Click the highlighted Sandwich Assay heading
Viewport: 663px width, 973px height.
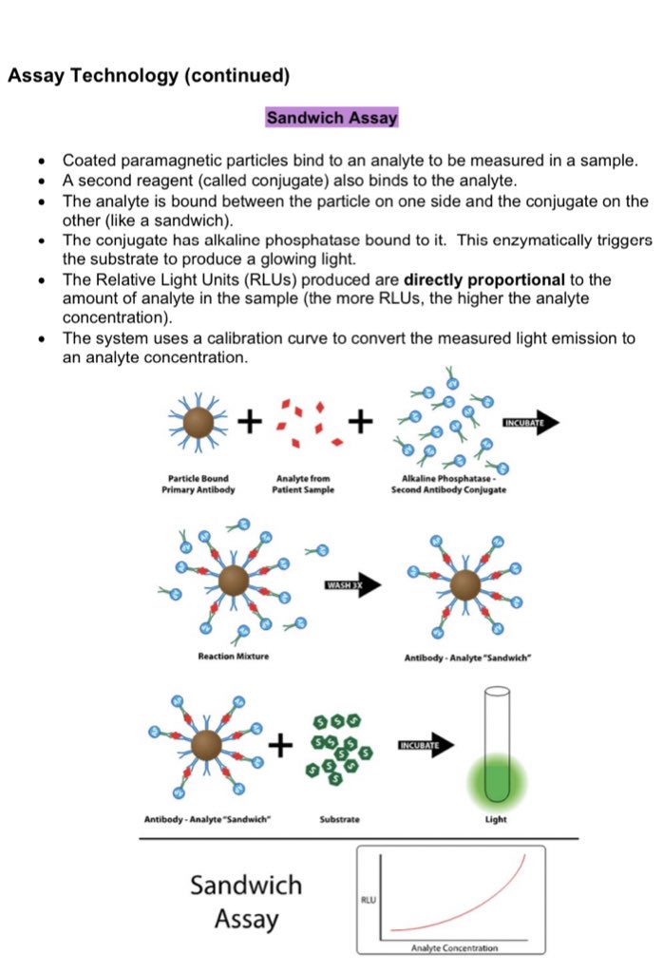click(331, 119)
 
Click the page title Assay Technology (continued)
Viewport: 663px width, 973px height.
click(147, 75)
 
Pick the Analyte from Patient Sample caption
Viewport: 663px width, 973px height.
click(303, 484)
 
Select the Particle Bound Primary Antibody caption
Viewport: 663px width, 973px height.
click(199, 484)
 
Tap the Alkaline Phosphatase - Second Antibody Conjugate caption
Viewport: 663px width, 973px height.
click(448, 484)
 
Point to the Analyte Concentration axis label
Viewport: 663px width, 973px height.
click(453, 947)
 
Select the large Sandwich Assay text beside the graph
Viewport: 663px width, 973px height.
click(246, 902)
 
